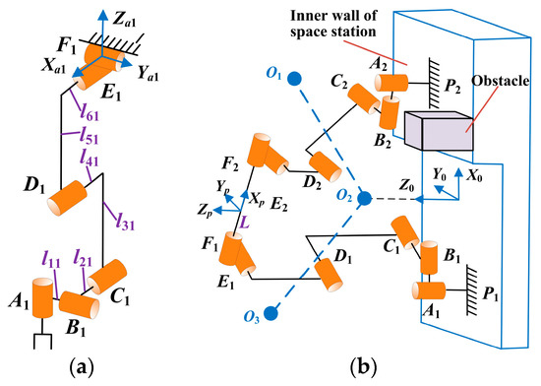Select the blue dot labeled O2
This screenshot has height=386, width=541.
(364, 199)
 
